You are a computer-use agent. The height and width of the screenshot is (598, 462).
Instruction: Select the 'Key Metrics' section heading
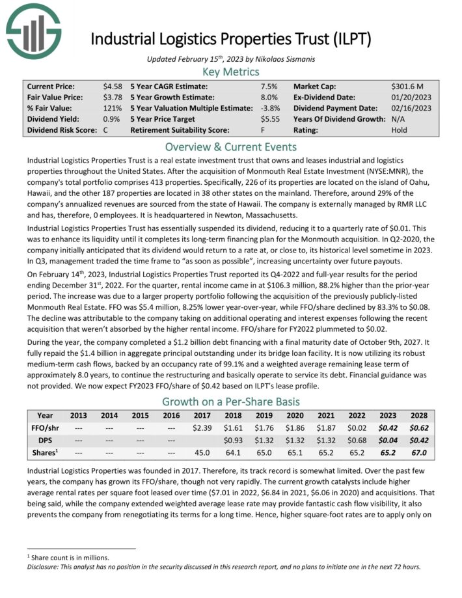click(230, 72)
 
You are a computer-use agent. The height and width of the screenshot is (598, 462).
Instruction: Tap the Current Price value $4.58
click(112, 86)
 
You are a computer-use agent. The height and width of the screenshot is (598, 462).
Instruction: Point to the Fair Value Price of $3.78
click(112, 97)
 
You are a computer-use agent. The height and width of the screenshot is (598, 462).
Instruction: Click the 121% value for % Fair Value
click(111, 108)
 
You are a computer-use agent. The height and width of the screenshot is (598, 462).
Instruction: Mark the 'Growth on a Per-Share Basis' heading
click(230, 401)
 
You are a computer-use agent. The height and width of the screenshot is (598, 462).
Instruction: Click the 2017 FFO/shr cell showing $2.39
click(203, 429)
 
